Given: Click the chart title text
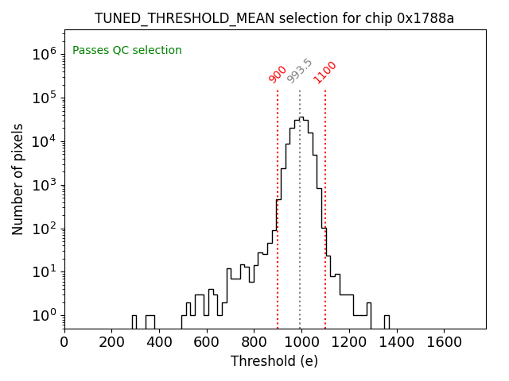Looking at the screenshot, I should coord(274,18).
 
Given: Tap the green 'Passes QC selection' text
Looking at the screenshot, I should coord(127,51).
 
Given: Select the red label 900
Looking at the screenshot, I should coord(278,74).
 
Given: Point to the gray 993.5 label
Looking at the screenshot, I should coord(300,71).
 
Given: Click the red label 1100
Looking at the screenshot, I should coord(324,71).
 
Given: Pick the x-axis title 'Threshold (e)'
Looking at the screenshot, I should coord(274,361).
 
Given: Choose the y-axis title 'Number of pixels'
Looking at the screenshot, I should coord(18,179).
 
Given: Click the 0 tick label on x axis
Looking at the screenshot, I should coord(64,342).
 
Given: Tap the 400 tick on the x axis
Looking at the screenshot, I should coord(159,342).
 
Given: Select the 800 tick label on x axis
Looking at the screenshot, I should coord(254,342).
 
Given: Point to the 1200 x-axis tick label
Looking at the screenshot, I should coord(349,342).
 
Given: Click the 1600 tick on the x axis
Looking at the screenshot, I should coord(444,342).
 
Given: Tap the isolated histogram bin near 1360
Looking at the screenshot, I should coord(387,321).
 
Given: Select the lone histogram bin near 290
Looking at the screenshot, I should coord(134,321).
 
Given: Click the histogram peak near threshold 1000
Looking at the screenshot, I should coord(301,118).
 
